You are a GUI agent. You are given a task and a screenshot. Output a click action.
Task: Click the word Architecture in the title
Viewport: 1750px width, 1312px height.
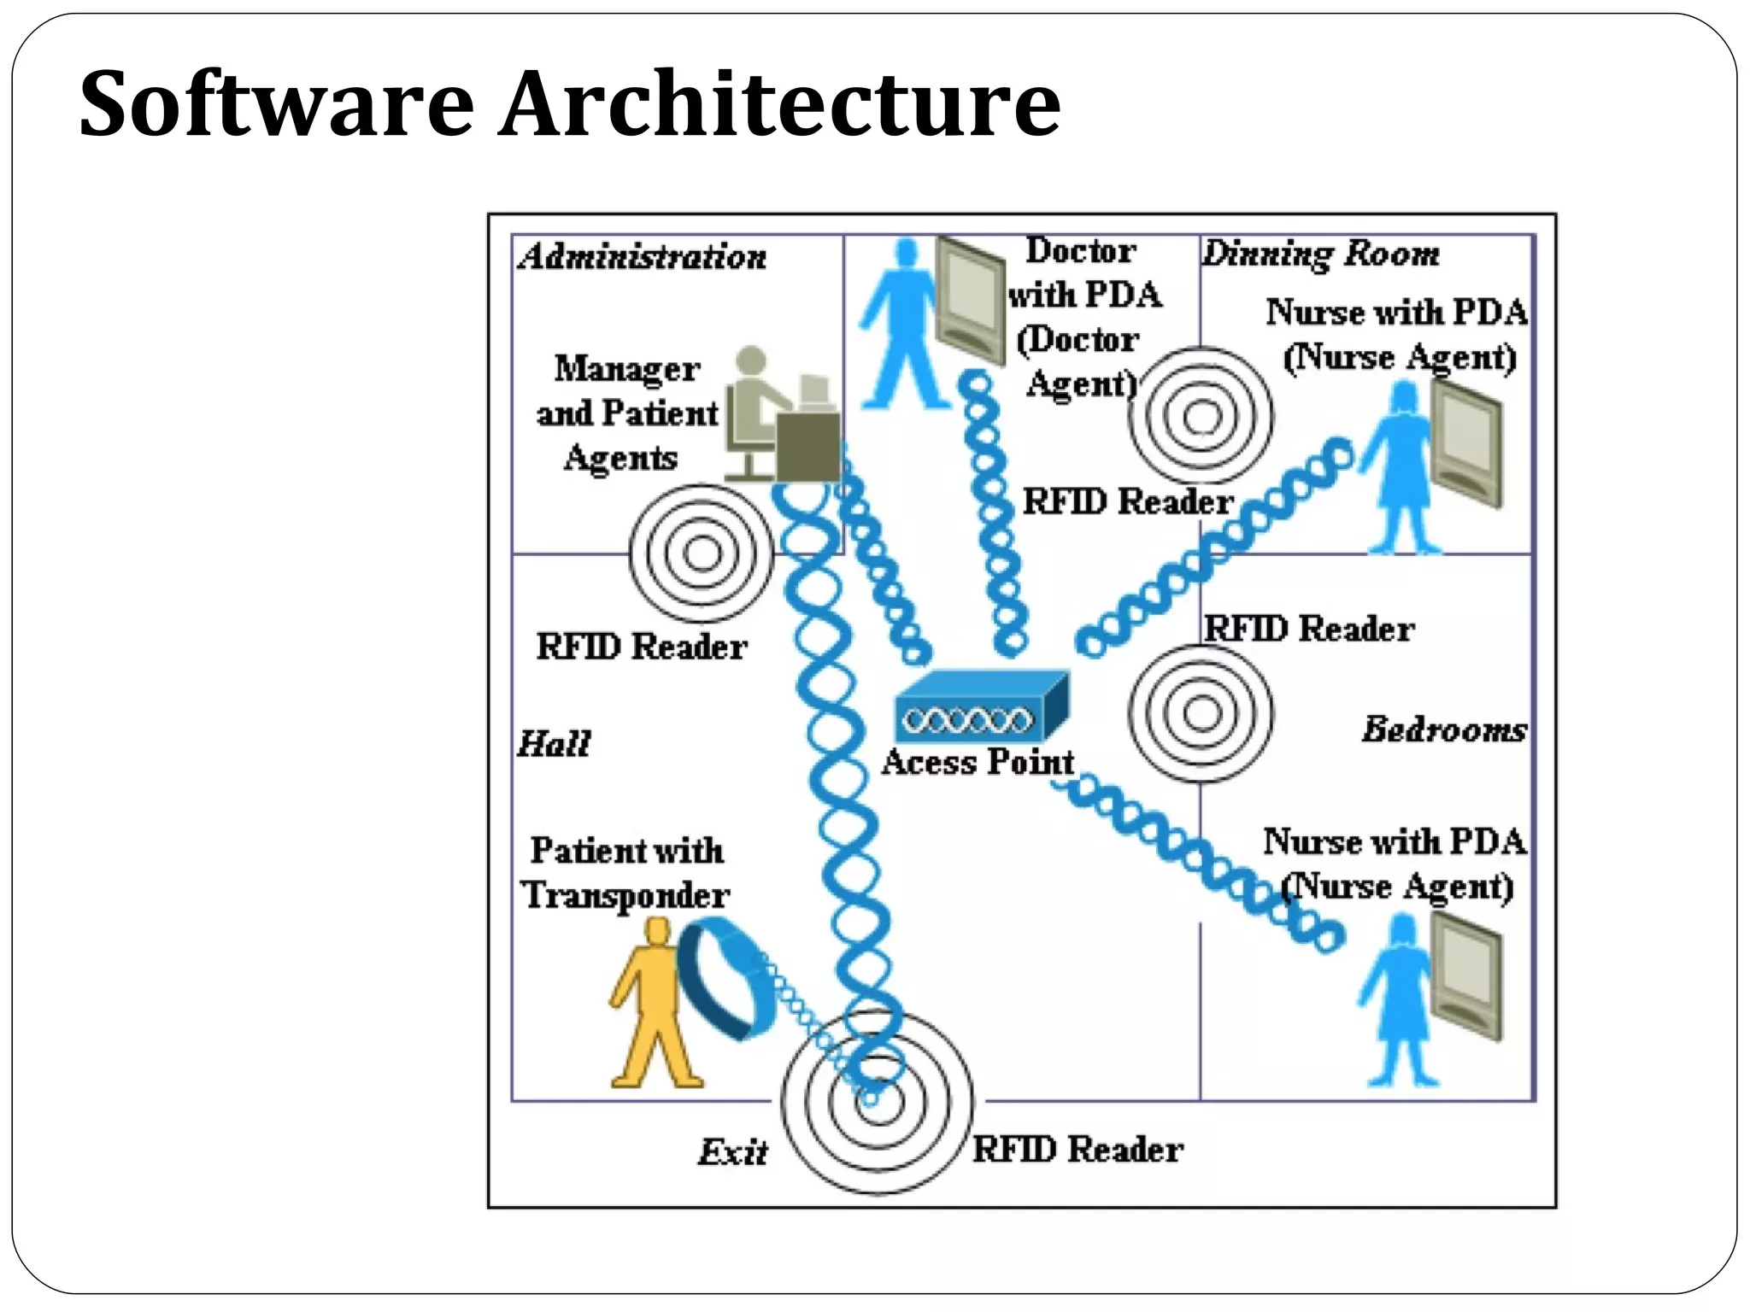tap(779, 104)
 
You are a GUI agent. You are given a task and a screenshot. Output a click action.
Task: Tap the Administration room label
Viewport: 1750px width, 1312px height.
tap(642, 257)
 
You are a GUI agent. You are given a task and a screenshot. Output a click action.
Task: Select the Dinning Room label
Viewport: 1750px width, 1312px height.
tap(1320, 254)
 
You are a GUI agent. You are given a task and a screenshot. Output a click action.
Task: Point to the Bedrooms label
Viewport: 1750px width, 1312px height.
tap(1444, 729)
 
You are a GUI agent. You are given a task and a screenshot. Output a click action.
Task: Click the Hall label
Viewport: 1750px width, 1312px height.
tap(554, 743)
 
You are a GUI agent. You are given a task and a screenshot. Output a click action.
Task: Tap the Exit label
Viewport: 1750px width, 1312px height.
tap(732, 1152)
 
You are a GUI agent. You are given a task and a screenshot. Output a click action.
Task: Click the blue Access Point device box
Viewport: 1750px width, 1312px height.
tap(981, 707)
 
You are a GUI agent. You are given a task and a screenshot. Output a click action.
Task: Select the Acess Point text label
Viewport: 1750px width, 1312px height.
tap(978, 762)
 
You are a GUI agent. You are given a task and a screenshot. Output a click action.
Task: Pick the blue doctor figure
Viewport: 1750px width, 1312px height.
tap(901, 325)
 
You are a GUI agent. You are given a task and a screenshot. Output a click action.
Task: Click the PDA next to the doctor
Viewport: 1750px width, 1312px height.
tap(970, 299)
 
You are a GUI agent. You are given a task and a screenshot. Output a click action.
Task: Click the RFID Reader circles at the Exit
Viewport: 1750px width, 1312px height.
tap(877, 1102)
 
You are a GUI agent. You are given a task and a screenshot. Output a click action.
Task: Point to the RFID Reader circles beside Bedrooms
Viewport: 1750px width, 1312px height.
tap(1200, 713)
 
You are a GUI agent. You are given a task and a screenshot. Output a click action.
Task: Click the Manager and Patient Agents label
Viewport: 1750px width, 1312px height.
tap(626, 413)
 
